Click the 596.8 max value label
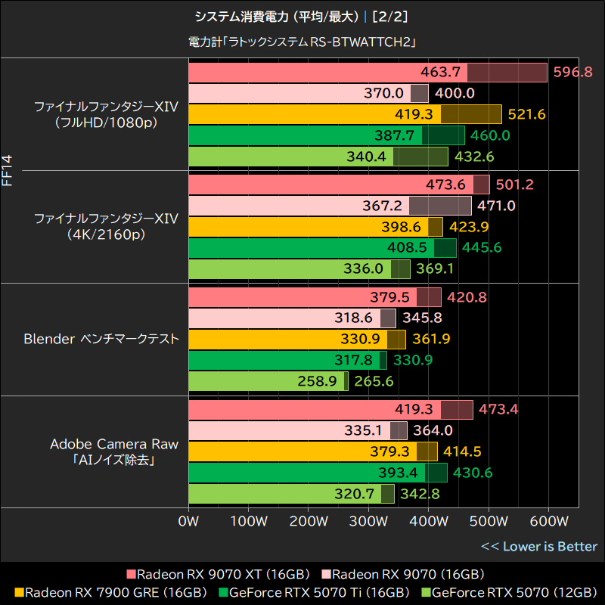click(x=572, y=72)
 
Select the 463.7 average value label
click(x=442, y=72)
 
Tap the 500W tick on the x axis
click(x=489, y=522)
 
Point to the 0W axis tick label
click(x=188, y=522)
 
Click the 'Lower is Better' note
click(x=539, y=546)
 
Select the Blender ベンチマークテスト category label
click(x=101, y=339)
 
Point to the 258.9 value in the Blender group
click(x=318, y=381)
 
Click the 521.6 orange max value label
click(x=526, y=114)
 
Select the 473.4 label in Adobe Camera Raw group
click(x=499, y=410)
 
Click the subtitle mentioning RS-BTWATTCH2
click(x=302, y=42)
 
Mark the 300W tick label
click(x=368, y=522)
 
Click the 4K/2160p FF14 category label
click(x=107, y=227)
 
